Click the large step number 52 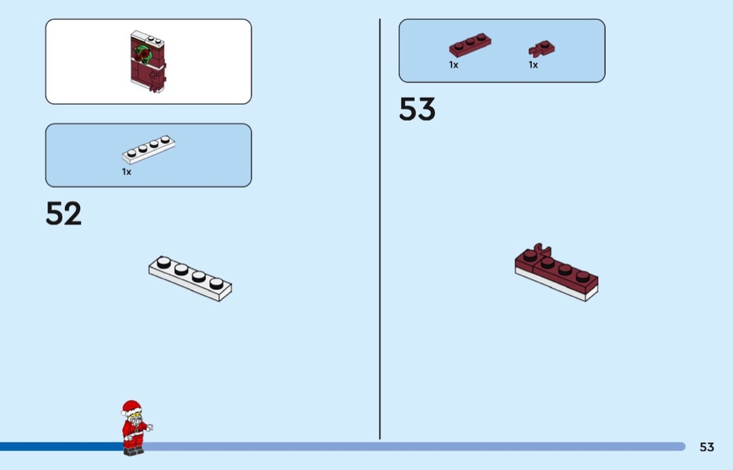64,213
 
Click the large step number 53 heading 417,109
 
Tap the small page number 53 706,447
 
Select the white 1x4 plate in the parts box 149,149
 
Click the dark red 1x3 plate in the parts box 470,45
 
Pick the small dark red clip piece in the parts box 542,48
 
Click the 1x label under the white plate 126,172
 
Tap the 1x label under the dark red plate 454,65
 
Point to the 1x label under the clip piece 533,65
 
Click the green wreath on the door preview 142,54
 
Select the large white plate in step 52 191,278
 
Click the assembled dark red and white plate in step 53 556,272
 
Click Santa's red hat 131,408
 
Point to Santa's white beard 136,423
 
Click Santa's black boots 134,451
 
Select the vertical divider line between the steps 380,229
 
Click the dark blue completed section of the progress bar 61,447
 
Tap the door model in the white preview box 148,61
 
